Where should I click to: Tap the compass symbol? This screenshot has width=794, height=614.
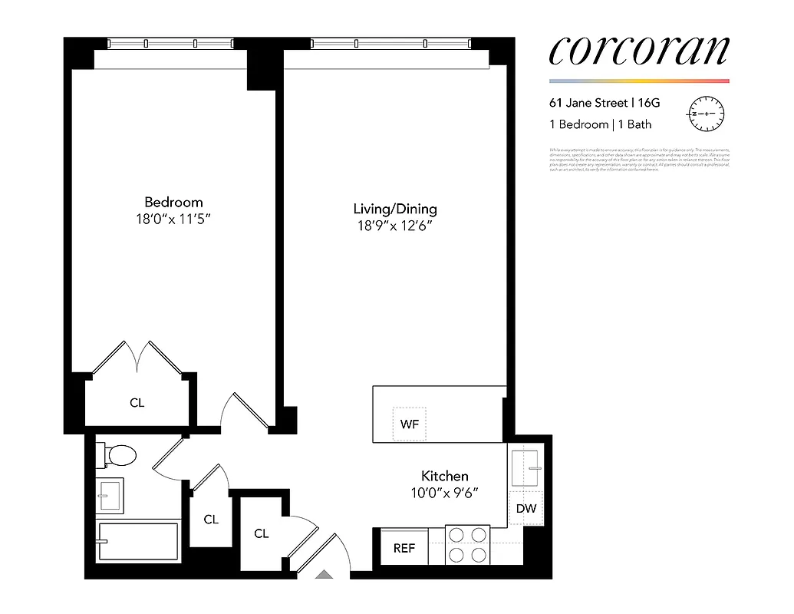click(x=706, y=114)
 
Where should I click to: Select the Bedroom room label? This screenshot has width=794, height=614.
click(x=174, y=203)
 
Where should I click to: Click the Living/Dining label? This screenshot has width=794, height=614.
click(x=395, y=209)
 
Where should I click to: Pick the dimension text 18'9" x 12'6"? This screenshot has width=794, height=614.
click(x=395, y=226)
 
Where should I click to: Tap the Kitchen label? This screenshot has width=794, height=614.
click(x=444, y=477)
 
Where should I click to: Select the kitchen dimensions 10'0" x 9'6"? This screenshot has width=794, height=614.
click(x=444, y=494)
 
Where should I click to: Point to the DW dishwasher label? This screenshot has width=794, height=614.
click(x=525, y=508)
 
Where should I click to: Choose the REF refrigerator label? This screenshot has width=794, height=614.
click(x=404, y=548)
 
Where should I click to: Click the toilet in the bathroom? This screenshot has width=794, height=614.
click(x=117, y=456)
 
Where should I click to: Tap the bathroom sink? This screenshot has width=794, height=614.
click(x=110, y=497)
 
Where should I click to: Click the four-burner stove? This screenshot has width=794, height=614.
click(x=468, y=544)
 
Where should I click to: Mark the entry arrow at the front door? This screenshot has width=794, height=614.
click(x=325, y=573)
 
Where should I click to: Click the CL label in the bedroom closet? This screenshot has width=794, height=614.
click(x=137, y=402)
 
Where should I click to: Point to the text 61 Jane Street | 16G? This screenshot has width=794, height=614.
click(x=604, y=101)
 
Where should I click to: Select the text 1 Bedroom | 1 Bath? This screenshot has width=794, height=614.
click(x=600, y=124)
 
